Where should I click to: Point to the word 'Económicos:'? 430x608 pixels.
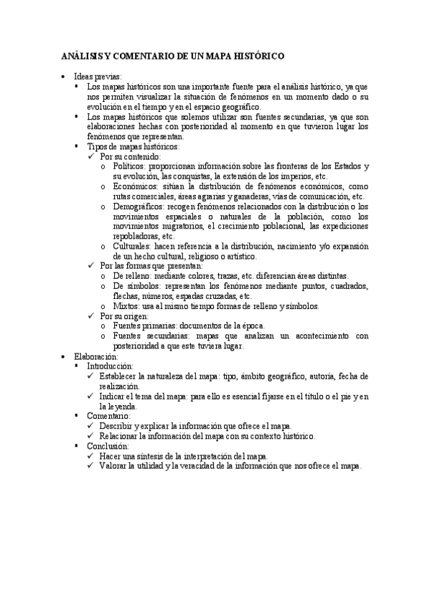click(135, 186)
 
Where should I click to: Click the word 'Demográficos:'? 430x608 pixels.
click(139, 206)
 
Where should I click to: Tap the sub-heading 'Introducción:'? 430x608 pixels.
click(109, 366)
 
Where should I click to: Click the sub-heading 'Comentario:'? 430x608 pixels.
click(108, 416)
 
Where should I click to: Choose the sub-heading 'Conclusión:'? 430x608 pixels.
click(108, 446)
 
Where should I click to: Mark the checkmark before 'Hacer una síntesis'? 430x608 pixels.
click(90, 456)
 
